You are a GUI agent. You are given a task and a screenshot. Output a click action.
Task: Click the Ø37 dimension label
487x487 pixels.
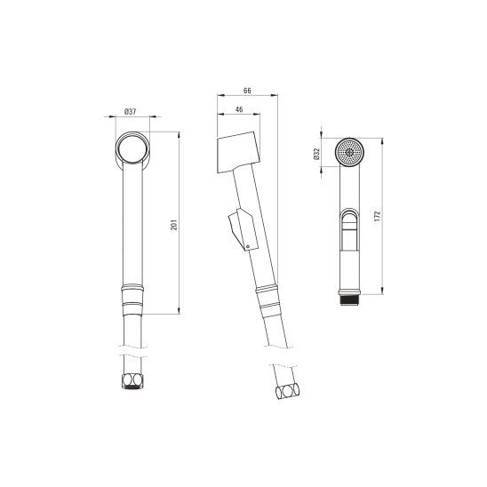click(130, 111)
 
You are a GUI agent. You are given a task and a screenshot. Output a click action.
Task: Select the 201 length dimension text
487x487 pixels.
click(174, 225)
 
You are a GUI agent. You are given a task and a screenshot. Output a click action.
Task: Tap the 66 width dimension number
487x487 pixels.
click(247, 91)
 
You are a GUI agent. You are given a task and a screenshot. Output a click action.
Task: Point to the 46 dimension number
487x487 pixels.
click(239, 109)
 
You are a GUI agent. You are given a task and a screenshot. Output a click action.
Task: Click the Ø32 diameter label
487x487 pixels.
click(316, 154)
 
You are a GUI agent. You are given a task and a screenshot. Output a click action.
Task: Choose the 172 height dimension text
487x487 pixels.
click(377, 216)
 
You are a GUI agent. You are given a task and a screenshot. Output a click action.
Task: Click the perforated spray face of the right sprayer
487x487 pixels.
click(350, 152)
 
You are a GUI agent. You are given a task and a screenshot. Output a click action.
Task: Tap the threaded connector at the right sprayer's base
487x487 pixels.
click(350, 300)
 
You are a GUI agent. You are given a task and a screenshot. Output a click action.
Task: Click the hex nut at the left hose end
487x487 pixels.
click(132, 382)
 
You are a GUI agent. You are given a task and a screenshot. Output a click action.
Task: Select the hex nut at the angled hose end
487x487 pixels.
click(288, 392)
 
